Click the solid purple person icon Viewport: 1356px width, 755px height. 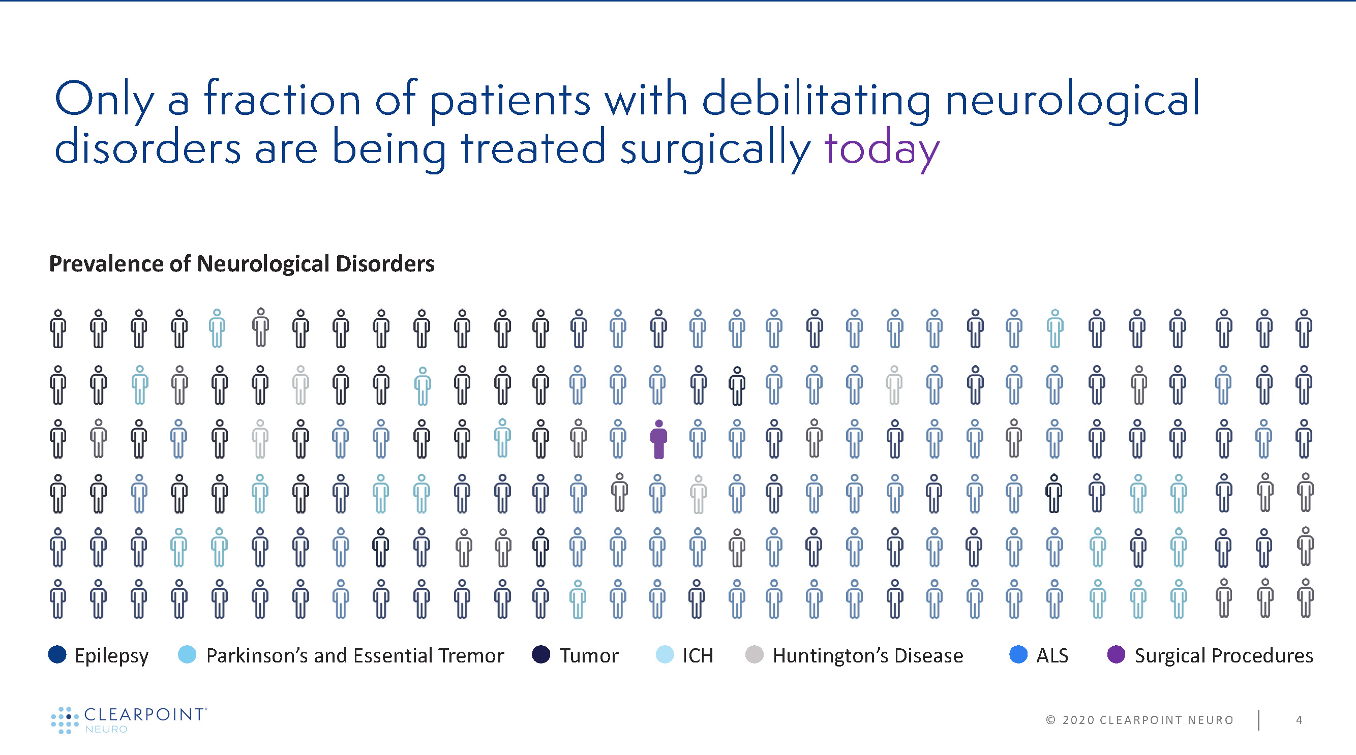658,439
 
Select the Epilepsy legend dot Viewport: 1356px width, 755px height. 57,654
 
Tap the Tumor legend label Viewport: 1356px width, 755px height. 588,655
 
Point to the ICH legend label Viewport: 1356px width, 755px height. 698,655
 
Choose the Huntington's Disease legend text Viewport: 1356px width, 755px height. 867,655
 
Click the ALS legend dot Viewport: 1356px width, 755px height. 1018,654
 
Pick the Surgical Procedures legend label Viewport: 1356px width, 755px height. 1223,655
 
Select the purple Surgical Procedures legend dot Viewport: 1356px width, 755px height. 1116,654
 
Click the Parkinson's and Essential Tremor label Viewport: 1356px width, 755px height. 355,655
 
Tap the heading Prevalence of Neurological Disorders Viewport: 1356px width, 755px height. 242,264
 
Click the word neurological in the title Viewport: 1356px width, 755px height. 1072,100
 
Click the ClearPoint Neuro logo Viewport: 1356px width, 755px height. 129,720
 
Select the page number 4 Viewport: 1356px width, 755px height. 1299,720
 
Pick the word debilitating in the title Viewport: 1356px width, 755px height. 817,100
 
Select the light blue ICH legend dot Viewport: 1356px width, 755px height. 665,654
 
